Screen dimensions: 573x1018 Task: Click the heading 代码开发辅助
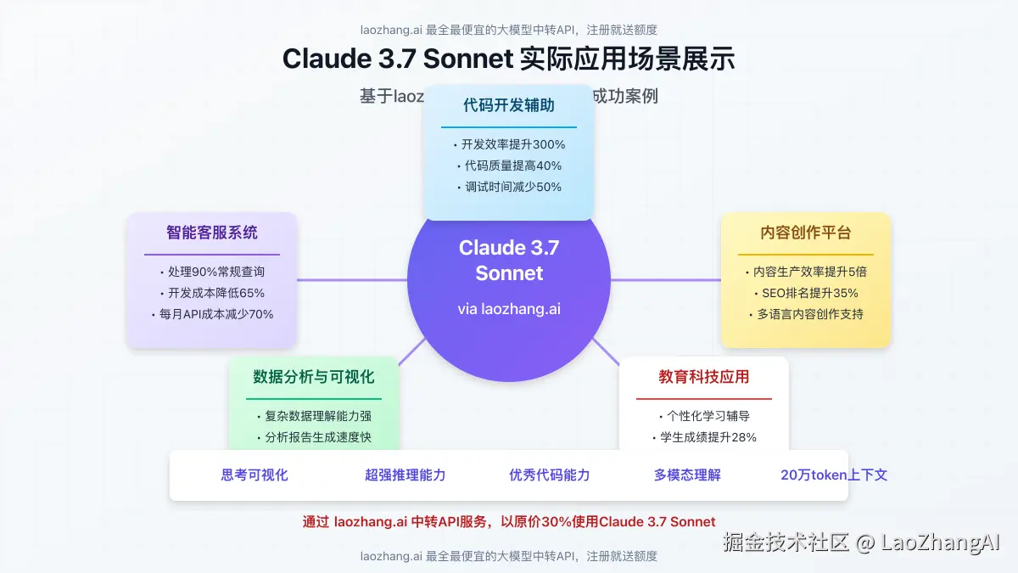pos(509,105)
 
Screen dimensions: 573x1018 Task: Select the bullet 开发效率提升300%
pos(509,144)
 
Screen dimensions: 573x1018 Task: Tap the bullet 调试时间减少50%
pos(509,187)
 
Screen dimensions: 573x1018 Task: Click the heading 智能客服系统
pos(212,233)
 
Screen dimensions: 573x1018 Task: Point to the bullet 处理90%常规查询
pos(212,272)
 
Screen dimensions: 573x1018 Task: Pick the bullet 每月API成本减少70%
pos(212,314)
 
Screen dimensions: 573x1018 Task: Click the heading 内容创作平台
pos(806,233)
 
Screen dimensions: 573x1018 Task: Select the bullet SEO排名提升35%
pos(806,293)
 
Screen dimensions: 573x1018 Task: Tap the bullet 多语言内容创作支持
pos(806,314)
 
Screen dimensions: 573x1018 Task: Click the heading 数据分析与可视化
pos(314,377)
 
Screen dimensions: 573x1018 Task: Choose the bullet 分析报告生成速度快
pos(314,437)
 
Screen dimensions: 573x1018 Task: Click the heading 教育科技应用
pos(704,377)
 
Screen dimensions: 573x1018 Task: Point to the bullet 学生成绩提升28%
pos(704,437)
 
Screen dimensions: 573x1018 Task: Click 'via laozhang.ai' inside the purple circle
pos(509,309)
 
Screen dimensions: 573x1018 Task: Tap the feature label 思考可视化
pos(255,475)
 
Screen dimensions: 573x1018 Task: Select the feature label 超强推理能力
pos(406,475)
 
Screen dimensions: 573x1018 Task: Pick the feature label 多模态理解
pos(687,475)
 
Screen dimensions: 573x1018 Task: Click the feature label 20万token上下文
pos(834,475)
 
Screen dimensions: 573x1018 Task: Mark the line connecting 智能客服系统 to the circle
pos(352,279)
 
